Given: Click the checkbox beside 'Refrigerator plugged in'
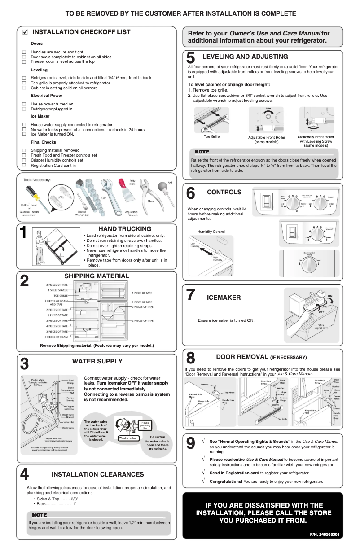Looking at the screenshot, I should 24,109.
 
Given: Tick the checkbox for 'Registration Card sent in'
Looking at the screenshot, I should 24,165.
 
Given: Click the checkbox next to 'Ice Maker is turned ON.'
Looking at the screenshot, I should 24,134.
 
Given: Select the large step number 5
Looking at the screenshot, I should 190,58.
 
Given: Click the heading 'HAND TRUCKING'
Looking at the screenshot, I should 125,229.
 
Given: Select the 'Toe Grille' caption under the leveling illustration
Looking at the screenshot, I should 211,136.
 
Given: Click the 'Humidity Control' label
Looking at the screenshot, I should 211,232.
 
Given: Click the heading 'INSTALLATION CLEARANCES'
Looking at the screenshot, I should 98,474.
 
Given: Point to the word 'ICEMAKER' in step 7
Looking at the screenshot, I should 224,298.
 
